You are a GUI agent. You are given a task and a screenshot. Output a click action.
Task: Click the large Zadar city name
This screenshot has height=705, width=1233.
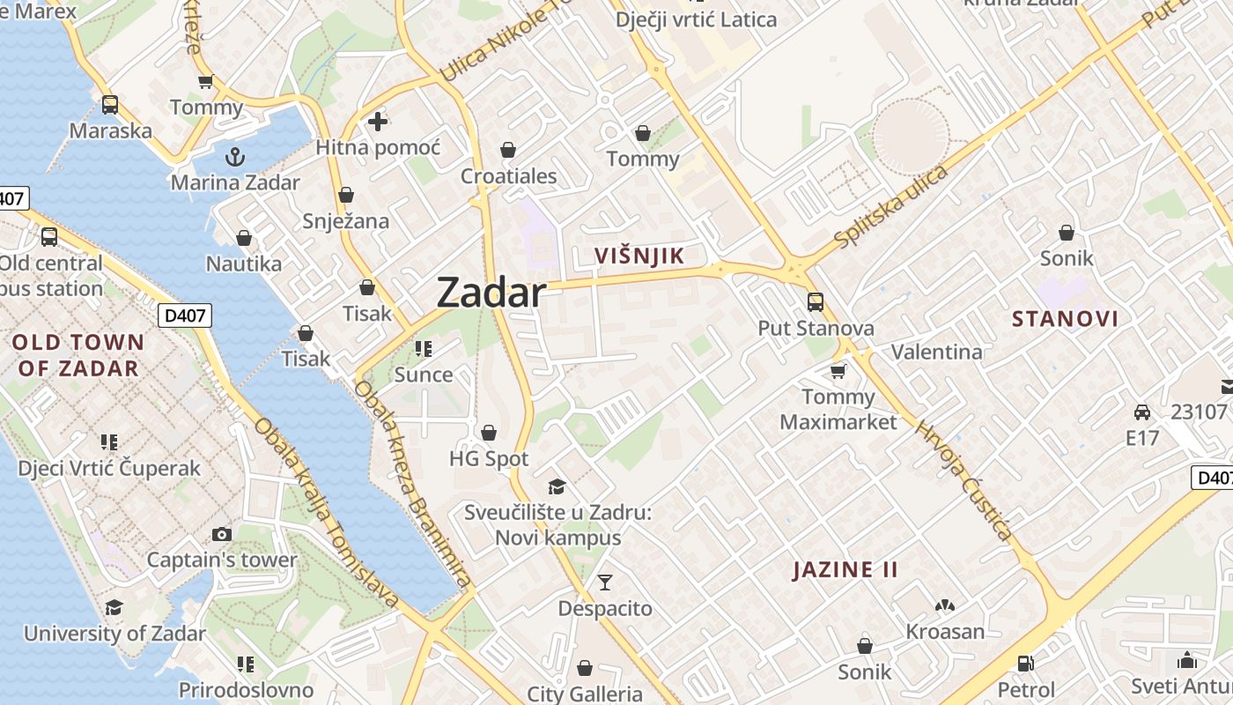coord(491,293)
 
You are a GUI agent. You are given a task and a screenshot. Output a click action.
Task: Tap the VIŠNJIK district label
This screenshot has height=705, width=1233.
coord(639,256)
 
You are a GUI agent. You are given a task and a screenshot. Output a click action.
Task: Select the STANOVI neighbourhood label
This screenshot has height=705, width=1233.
coord(1065,319)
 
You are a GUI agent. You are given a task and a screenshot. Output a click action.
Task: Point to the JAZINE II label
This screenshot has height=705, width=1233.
coord(845,569)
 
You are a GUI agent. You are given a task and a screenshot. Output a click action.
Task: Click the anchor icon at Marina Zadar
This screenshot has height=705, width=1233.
coord(235,158)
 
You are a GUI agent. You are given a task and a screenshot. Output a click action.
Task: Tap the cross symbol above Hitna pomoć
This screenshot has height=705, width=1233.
coord(378,122)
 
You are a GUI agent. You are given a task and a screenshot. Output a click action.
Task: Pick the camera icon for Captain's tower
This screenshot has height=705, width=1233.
coord(222,534)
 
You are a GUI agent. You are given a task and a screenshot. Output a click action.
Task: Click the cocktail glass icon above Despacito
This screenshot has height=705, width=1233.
coord(605,582)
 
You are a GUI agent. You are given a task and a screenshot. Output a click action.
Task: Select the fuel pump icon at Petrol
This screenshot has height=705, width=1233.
coord(1026,664)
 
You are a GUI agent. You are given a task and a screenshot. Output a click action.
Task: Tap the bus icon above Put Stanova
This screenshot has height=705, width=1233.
coord(816,302)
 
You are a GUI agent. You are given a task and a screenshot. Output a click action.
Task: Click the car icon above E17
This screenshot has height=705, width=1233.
coord(1142,412)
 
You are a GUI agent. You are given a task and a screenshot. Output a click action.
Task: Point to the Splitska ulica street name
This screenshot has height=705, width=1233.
coord(891,205)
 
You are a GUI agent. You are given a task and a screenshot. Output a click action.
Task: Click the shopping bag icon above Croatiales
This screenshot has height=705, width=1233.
coord(508,150)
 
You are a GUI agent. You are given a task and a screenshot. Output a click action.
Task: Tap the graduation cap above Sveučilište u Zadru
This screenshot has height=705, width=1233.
coord(557,486)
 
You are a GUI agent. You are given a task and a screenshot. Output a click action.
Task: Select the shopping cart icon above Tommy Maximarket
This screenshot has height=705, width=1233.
coord(838,371)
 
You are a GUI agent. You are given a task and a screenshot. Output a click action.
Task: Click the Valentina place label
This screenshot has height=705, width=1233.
coord(936,352)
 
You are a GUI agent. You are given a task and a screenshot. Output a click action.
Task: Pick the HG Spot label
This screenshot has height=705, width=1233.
coord(489,459)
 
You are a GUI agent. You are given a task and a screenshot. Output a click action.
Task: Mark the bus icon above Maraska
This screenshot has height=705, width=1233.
coord(110,105)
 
